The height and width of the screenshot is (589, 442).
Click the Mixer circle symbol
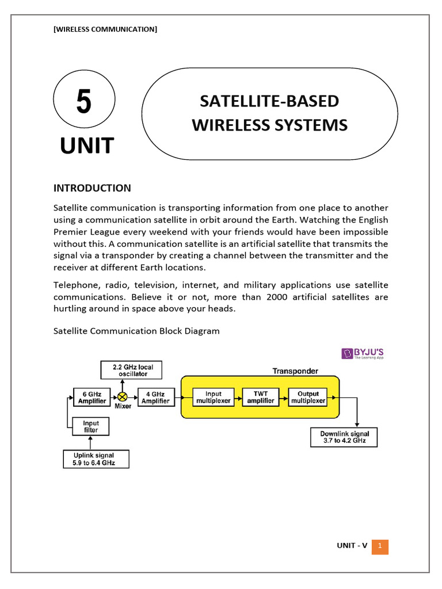122,397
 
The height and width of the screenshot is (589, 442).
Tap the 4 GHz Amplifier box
155,397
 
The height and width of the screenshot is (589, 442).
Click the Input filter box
91,426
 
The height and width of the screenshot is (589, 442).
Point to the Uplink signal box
96,458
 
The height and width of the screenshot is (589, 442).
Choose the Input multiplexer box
213,397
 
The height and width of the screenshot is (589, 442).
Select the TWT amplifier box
260,397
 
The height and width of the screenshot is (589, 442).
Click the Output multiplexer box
307,397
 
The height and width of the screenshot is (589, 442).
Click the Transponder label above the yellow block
296,371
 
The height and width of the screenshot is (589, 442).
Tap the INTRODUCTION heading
92,188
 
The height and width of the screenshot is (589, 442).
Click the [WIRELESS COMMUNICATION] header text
105,29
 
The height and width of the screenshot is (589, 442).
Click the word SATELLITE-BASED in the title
269,101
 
